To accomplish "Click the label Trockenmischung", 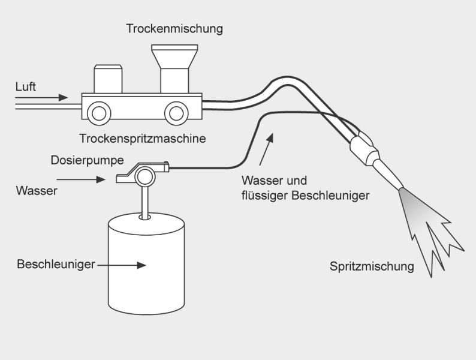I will pos(174,28).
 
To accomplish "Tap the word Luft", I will pos(26,87).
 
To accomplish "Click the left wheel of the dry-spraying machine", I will pos(98,112).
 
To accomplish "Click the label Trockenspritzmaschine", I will pos(143,139).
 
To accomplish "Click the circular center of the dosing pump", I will pos(144,176).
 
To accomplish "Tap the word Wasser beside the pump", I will pos(37,191).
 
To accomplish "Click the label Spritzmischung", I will pos(372,266).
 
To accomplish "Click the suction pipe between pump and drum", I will pos(144,201).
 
